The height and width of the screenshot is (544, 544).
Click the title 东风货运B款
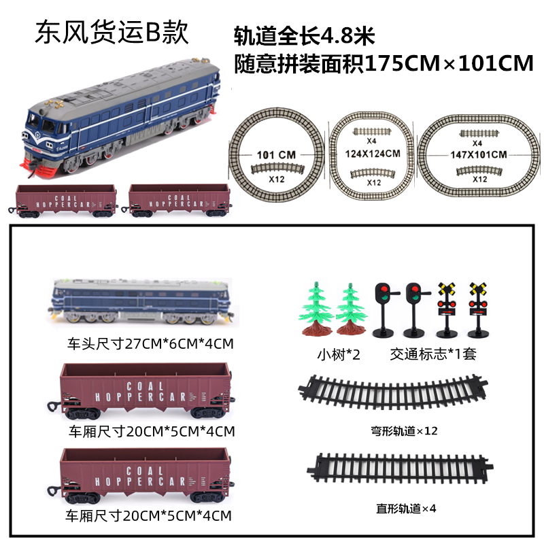pyautogui.click(x=112, y=33)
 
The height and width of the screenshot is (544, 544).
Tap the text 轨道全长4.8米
pyautogui.click(x=304, y=36)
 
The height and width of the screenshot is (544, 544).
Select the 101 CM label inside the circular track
pyautogui.click(x=276, y=155)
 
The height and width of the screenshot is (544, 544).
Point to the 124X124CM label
pyautogui.click(x=373, y=154)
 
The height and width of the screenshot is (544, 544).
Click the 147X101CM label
pyautogui.click(x=479, y=155)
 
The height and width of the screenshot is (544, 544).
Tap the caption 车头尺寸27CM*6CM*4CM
pyautogui.click(x=150, y=344)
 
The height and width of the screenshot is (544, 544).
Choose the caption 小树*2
pyautogui.click(x=339, y=354)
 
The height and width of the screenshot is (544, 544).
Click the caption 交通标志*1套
pyautogui.click(x=433, y=354)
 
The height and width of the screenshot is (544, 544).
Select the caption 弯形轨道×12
pyautogui.click(x=404, y=431)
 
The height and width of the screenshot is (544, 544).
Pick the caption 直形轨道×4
pyautogui.click(x=406, y=509)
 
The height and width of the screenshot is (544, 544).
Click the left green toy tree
pyautogui.click(x=316, y=309)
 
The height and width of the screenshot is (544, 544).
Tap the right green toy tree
pyautogui.click(x=351, y=309)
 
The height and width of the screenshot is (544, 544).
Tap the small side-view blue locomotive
pyautogui.click(x=141, y=301)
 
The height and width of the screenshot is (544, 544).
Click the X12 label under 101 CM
pyautogui.click(x=277, y=180)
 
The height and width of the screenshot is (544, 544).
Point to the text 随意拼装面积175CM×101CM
pyautogui.click(x=384, y=64)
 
